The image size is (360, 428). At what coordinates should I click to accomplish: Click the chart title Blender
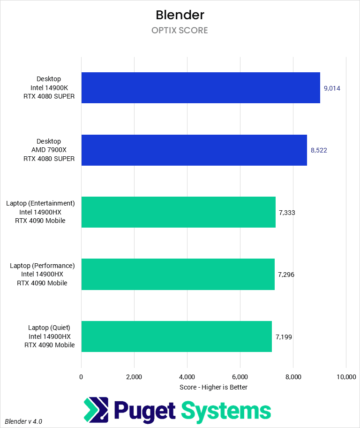pos(180,15)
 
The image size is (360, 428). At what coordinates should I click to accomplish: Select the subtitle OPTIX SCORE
pos(180,31)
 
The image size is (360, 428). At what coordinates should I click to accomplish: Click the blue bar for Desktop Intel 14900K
pos(201,88)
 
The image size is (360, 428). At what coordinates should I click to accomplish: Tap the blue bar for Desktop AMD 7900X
pos(194,150)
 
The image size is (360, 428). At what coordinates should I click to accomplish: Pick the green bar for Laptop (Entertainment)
pos(178,212)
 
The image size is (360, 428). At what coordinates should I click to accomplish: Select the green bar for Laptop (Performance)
pos(178,274)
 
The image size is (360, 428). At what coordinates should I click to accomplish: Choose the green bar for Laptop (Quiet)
pos(176,336)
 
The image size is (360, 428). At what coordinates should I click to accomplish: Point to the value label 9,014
pos(332,88)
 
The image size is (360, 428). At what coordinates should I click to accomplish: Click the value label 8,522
pos(319,150)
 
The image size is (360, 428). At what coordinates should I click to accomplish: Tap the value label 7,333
pos(287,212)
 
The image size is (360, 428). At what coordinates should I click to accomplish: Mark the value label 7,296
pos(286,274)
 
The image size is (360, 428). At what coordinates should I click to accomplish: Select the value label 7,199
pos(284,336)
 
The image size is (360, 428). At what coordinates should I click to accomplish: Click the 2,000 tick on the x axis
pos(134,377)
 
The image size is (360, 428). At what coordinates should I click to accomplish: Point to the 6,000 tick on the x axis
pos(240,377)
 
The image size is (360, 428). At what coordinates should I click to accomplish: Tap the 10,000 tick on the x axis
pos(345,377)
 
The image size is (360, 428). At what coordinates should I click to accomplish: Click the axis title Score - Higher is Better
pos(213,387)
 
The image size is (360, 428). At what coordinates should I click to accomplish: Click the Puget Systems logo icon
pos(96,410)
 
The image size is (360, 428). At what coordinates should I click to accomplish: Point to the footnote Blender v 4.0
pos(23,421)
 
